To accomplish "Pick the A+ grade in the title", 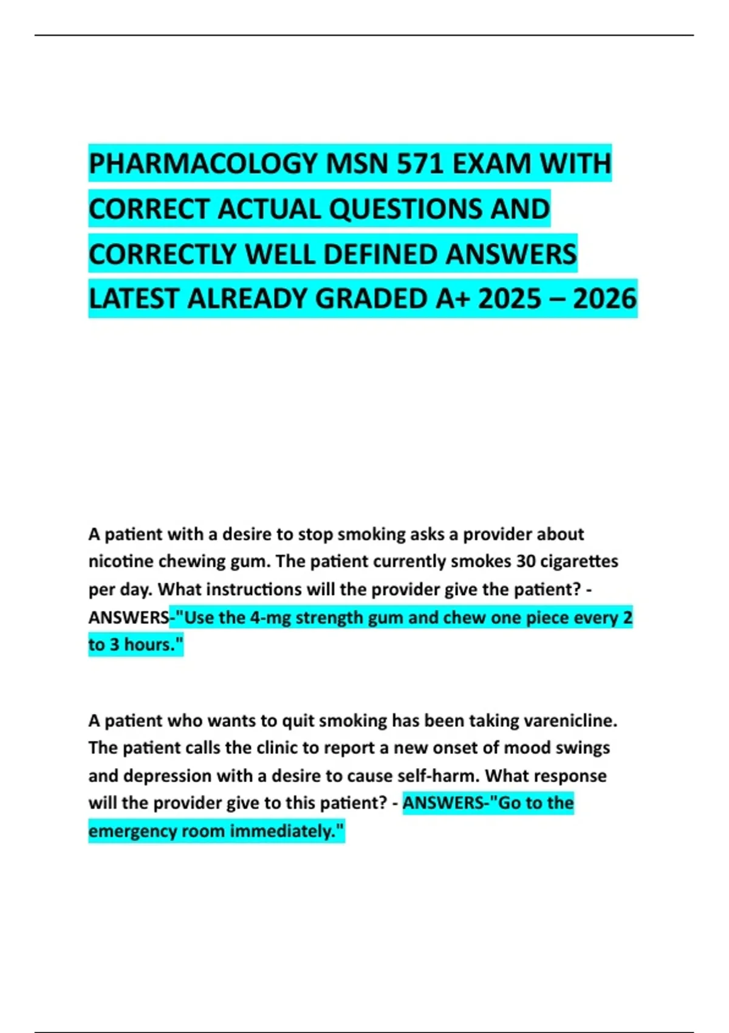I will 453,299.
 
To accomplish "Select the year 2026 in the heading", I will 604,299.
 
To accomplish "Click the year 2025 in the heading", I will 510,299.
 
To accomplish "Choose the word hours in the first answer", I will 148,645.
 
